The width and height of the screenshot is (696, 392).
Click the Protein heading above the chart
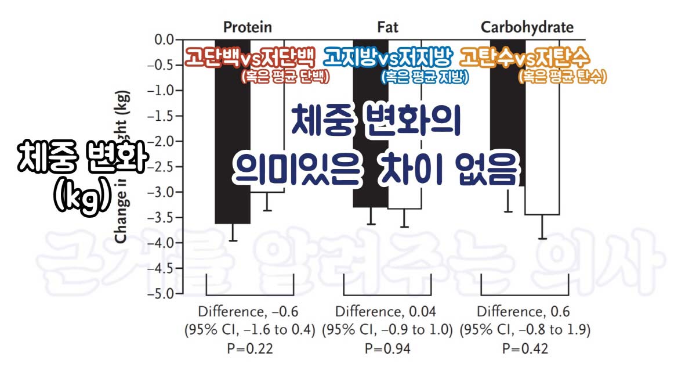pyautogui.click(x=248, y=27)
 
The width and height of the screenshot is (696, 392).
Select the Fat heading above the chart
pyautogui.click(x=387, y=27)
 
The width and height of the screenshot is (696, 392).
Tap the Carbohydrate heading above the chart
pyautogui.click(x=527, y=27)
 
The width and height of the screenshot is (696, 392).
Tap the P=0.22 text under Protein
pyautogui.click(x=249, y=348)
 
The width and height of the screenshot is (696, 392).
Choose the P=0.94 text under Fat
pyautogui.click(x=387, y=348)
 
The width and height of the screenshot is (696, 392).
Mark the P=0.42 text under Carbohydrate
pyautogui.click(x=525, y=348)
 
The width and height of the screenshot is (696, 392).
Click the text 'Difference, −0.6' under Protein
pyautogui.click(x=249, y=311)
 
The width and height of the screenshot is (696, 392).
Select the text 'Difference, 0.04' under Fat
pyautogui.click(x=387, y=311)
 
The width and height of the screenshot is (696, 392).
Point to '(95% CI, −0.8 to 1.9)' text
pyautogui.click(x=525, y=330)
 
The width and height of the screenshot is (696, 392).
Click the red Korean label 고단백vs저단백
pyautogui.click(x=250, y=57)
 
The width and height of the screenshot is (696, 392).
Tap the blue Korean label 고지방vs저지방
pyautogui.click(x=387, y=57)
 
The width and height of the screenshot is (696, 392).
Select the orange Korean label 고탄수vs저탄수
pyautogui.click(x=525, y=57)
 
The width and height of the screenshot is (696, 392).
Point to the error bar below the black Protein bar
pyautogui.click(x=233, y=232)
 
